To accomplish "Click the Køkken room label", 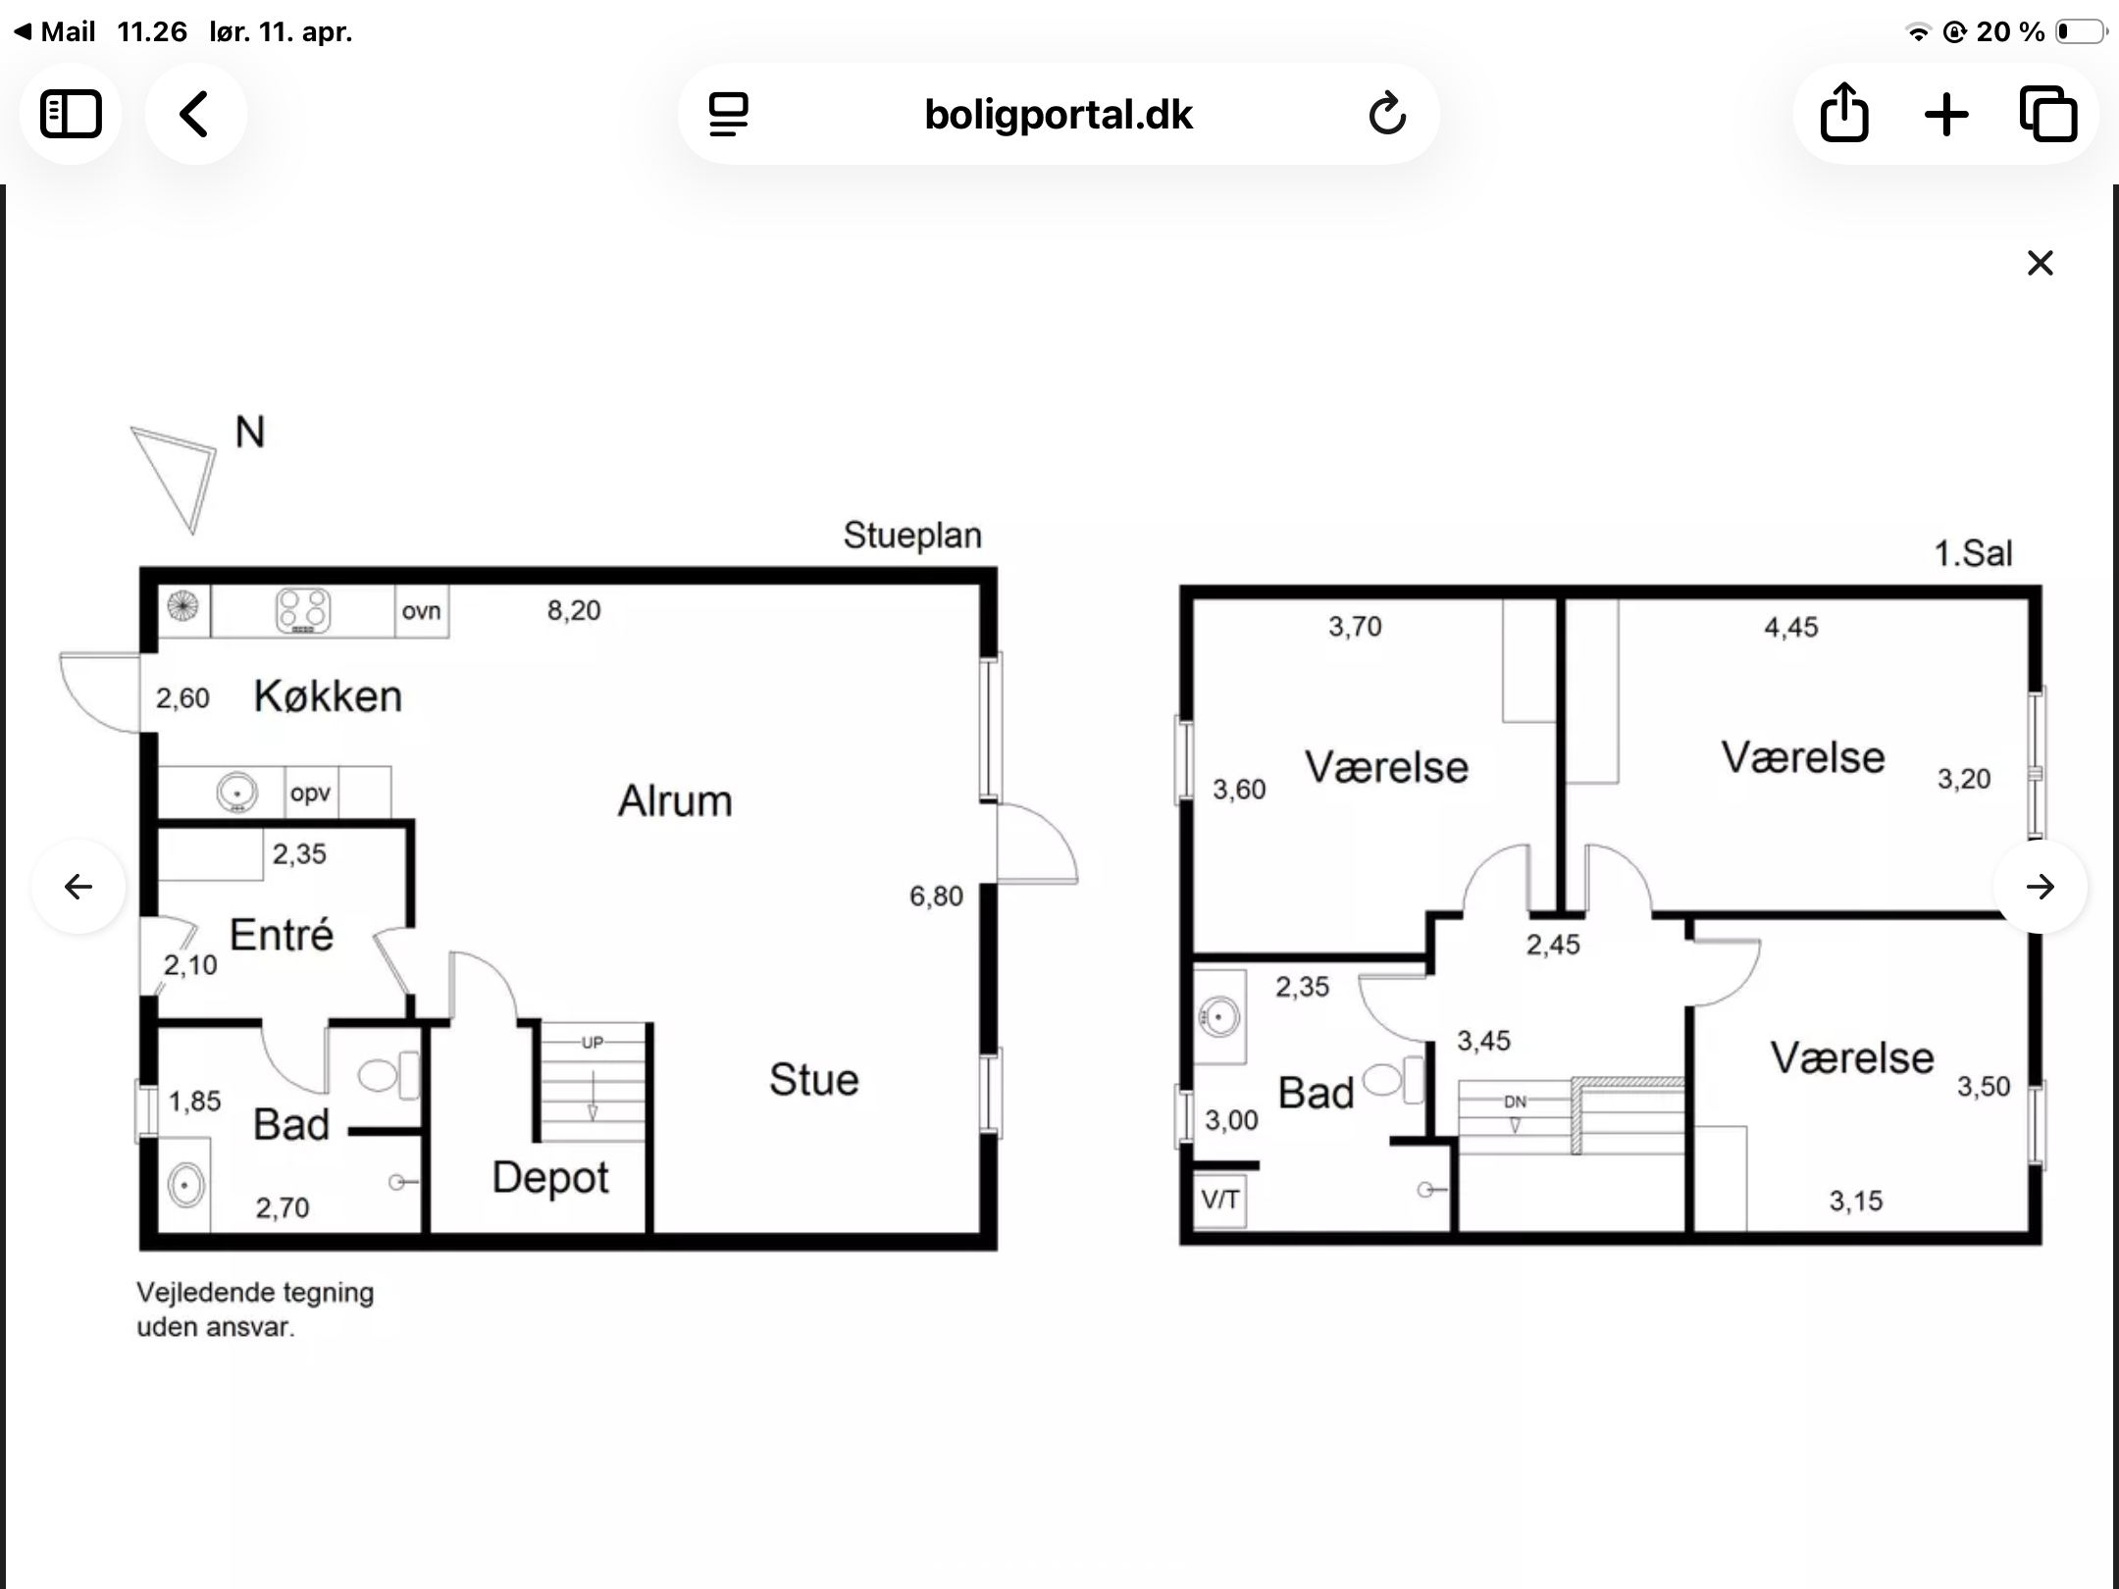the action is pyautogui.click(x=328, y=696).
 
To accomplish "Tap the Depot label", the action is pyautogui.click(x=550, y=1178).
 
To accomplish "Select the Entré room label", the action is pyautogui.click(x=282, y=935).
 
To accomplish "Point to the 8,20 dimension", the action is pyautogui.click(x=574, y=611).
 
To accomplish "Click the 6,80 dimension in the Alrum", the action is pyautogui.click(x=936, y=897).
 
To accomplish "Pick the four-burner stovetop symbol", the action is pyautogui.click(x=303, y=610).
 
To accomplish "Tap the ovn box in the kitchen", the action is pyautogui.click(x=422, y=611).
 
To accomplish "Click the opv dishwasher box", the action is pyautogui.click(x=311, y=793).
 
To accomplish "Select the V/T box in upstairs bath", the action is pyautogui.click(x=1219, y=1200).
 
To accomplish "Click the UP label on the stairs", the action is pyautogui.click(x=593, y=1043).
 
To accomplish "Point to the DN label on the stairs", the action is pyautogui.click(x=1515, y=1102).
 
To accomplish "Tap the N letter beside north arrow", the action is pyautogui.click(x=250, y=433).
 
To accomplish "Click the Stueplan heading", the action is pyautogui.click(x=912, y=536).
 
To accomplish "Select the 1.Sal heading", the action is pyautogui.click(x=1972, y=554).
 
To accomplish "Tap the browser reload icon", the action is pyautogui.click(x=1387, y=114).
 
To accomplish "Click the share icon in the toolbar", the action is pyautogui.click(x=1844, y=113).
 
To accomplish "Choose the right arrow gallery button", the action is pyautogui.click(x=2041, y=887).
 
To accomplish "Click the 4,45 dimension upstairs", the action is pyautogui.click(x=1791, y=628).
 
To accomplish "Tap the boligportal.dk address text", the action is pyautogui.click(x=1059, y=115).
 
